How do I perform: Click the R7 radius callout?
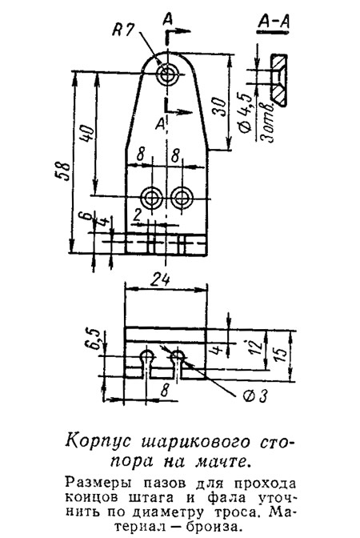point(123,30)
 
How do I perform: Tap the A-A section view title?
point(274,22)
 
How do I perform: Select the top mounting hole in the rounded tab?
point(167,74)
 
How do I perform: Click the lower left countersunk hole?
point(151,197)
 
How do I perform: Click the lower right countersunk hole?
point(182,197)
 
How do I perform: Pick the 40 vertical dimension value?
point(86,134)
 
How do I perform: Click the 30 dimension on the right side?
point(219,107)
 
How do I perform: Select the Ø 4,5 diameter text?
point(246,113)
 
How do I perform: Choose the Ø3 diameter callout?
point(254,396)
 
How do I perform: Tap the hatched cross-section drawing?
point(278,79)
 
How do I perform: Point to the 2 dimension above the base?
point(137,216)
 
